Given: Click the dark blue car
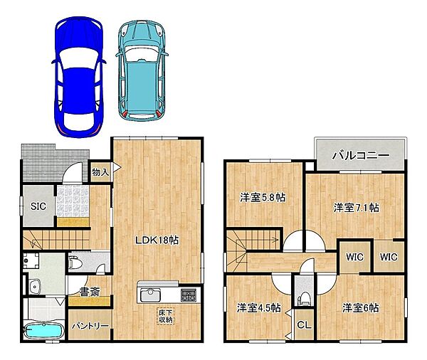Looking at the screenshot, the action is tap(79, 77).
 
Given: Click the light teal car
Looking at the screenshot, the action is tap(142, 70).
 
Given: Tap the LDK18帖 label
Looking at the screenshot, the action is tap(157, 240).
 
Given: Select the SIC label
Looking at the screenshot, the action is tap(38, 206).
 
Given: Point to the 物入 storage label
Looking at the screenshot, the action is tap(100, 172).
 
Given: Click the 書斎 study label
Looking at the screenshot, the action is tap(90, 292).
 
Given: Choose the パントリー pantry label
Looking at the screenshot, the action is tap(90, 326).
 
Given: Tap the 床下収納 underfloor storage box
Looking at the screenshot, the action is tap(165, 316).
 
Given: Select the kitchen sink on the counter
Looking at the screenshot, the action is tap(150, 295).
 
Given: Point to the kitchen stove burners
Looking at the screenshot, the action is tap(188, 295).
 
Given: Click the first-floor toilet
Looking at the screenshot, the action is tap(75, 263).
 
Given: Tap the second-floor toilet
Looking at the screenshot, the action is tap(304, 298).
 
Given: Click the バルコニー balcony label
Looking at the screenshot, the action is tap(361, 156).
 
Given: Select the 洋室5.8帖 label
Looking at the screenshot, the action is tap(263, 197).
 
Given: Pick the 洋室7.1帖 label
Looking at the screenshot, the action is tap(357, 208).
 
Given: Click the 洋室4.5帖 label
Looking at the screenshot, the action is tap(259, 308).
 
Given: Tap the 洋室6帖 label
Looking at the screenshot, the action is tap(360, 308).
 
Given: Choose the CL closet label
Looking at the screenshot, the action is tap(304, 325).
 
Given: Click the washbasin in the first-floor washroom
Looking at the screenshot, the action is tap(35, 287).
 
